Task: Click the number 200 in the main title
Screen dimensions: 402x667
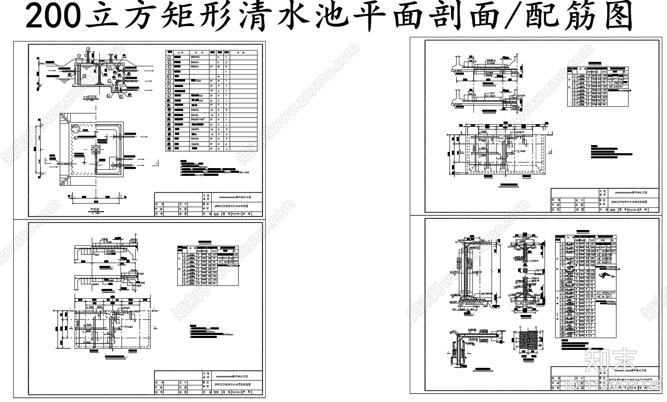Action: point(53,17)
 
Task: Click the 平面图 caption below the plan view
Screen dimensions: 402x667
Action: point(95,210)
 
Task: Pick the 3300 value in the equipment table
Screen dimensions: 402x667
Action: point(198,81)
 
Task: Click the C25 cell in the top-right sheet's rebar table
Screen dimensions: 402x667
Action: point(625,75)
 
